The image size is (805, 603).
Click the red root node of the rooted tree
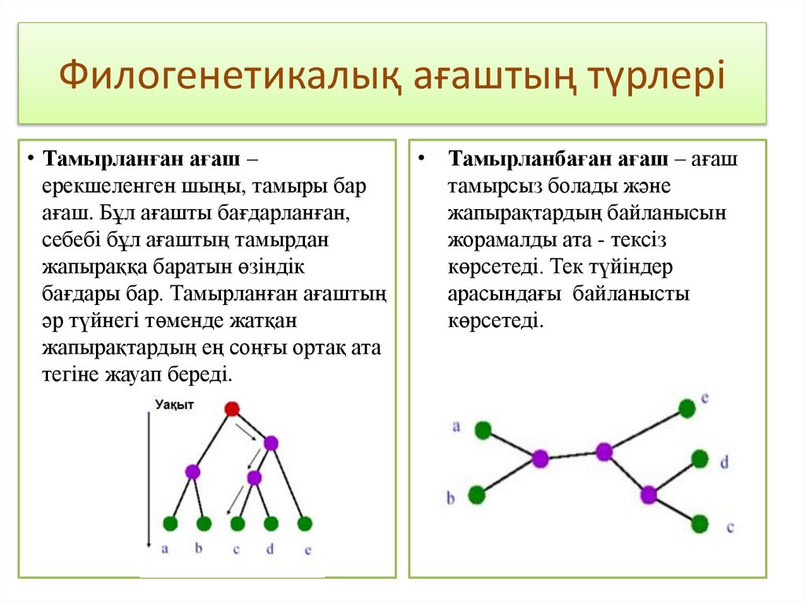pos(232,408)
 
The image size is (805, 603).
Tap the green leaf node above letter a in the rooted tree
pos(170,523)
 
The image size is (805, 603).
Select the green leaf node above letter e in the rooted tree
pos(305,523)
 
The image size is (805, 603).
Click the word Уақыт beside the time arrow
pos(174,404)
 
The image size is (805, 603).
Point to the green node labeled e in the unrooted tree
pos(687,408)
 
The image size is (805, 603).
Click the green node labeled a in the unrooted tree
pos(483,429)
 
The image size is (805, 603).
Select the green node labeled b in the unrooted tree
pos(476,495)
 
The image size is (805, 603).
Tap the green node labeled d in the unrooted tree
pos(700,459)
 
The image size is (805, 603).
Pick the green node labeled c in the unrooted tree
pos(700,524)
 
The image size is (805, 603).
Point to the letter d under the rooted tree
pos(270,550)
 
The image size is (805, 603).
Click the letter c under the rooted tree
pos(237,550)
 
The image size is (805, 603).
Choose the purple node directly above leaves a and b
pos(193,472)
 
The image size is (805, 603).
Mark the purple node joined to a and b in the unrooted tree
pos(540,458)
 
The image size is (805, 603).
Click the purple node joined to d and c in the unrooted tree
pos(649,495)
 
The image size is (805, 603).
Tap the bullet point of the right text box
pos(423,157)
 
